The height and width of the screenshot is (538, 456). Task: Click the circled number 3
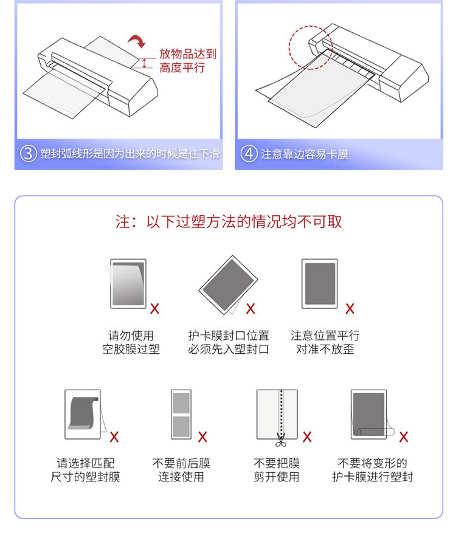[29, 154]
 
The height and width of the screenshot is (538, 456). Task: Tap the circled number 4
[249, 154]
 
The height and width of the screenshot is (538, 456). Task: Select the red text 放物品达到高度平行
[187, 61]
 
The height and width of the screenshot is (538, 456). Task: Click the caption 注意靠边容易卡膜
[305, 154]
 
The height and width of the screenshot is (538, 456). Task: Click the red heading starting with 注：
[229, 221]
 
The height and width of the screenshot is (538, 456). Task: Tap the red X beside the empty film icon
[155, 308]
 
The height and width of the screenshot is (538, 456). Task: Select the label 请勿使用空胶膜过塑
[131, 342]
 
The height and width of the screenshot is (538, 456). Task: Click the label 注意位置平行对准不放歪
[325, 342]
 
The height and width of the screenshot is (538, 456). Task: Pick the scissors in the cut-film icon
[280, 438]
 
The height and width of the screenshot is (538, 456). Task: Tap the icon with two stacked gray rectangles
[181, 414]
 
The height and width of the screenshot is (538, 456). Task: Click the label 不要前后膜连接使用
[181, 470]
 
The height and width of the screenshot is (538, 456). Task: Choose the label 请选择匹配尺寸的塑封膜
[85, 470]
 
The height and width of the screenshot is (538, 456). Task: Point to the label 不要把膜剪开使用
[276, 470]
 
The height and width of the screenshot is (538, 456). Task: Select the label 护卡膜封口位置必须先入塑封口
[229, 342]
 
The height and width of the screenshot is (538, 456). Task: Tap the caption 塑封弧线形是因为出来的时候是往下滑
[130, 154]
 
